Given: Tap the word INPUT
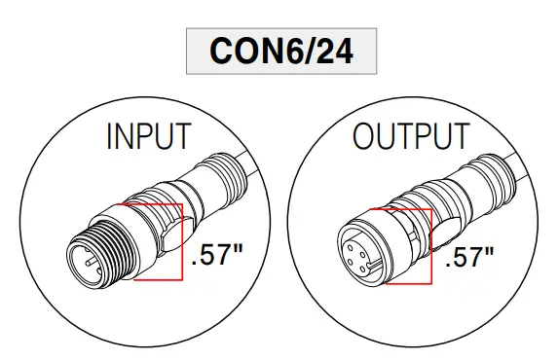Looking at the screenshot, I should click(148, 137).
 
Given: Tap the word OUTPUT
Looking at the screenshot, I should click(410, 137).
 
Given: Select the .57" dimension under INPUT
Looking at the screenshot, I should click(217, 256).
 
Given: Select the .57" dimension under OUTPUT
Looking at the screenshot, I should click(469, 258).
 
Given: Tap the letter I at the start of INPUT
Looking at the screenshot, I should click(109, 137).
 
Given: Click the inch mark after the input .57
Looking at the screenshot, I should click(237, 250).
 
